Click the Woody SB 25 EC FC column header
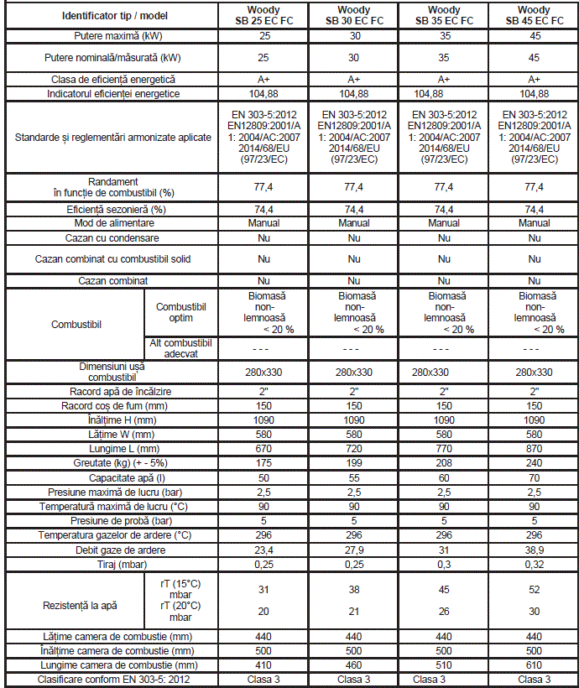point(263,15)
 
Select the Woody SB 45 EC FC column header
point(535,15)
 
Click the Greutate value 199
point(354,462)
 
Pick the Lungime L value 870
point(535,448)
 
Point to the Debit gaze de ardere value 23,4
point(263,550)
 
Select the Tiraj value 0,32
point(535,564)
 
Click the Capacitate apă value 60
point(444,477)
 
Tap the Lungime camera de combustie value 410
point(263,665)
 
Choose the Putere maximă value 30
point(354,37)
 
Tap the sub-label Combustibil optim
point(180,311)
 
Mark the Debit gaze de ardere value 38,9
point(535,550)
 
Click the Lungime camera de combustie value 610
point(535,665)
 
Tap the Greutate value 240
point(535,462)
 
